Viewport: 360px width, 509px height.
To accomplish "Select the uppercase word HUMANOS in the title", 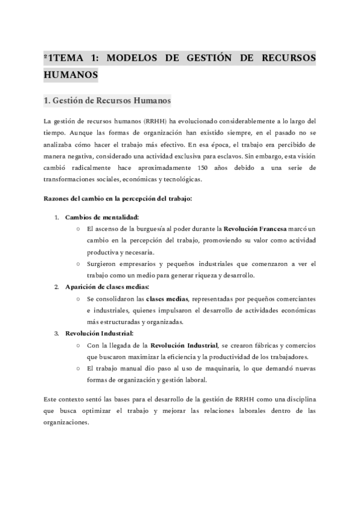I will [71, 76].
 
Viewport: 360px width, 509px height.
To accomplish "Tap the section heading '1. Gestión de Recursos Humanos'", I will [108, 100].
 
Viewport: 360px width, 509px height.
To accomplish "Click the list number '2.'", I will [56, 286].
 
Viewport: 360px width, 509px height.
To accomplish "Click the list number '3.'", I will [56, 333].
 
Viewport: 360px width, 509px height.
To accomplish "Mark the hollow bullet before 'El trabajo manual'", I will [79, 368].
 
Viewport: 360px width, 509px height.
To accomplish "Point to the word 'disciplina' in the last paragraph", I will [299, 399].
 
